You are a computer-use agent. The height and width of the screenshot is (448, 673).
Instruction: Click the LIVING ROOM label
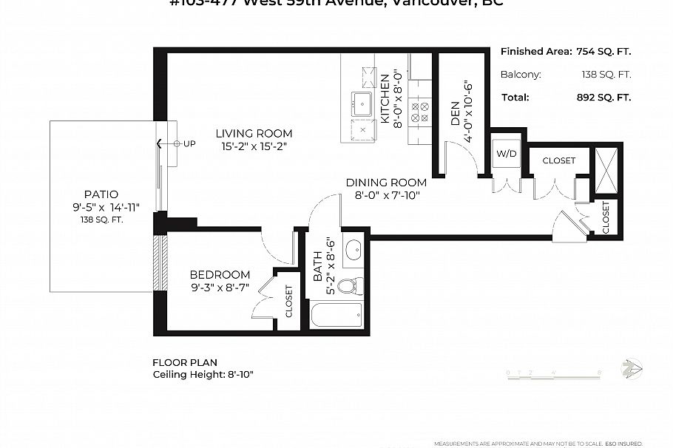pyautogui.click(x=254, y=134)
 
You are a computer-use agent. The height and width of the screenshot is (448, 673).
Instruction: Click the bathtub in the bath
pyautogui.click(x=337, y=316)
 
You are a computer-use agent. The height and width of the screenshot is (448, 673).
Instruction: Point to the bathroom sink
pyautogui.click(x=353, y=248)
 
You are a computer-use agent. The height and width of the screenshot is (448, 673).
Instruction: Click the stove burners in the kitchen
pyautogui.click(x=420, y=112)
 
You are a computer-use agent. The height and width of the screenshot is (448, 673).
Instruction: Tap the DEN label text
pyautogui.click(x=455, y=112)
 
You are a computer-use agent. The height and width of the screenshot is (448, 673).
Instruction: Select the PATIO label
pyautogui.click(x=101, y=194)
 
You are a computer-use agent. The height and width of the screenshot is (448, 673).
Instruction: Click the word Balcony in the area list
pyautogui.click(x=521, y=75)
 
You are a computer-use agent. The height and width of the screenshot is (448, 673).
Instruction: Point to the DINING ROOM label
pyautogui.click(x=386, y=183)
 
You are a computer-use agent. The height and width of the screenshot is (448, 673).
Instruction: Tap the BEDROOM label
pyautogui.click(x=220, y=274)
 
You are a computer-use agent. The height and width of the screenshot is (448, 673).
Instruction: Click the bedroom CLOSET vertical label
pyautogui.click(x=288, y=302)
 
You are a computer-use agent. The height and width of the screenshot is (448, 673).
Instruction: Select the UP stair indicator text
pyautogui.click(x=189, y=143)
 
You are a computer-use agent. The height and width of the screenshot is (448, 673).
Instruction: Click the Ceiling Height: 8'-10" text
pyautogui.click(x=203, y=375)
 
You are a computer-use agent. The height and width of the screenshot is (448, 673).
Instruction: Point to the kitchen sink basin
pyautogui.click(x=362, y=102)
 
